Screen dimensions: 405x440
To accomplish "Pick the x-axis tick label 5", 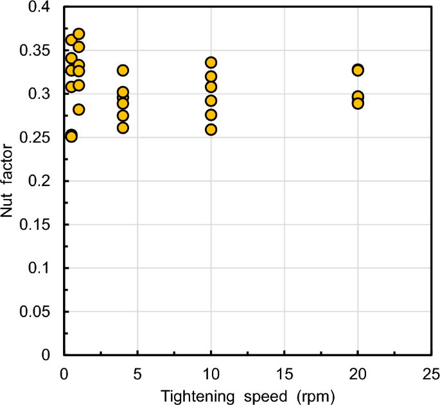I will (137, 372).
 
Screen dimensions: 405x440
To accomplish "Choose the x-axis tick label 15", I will (284, 372).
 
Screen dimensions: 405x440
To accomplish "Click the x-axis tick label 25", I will (431, 372).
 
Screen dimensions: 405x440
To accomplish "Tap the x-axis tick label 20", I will (358, 372).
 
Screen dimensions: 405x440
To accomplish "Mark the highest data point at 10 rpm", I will (211, 62).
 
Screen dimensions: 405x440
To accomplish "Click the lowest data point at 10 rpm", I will (211, 130).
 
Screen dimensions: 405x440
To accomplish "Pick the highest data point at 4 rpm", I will (123, 70).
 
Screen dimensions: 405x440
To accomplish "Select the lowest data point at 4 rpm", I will (123, 128).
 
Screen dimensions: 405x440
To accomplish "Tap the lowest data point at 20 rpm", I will (358, 103).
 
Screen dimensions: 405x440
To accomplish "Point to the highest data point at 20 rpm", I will (358, 70).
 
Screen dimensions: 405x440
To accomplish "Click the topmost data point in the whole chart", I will (78, 34).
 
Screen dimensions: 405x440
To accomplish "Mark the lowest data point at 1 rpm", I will (78, 109).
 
